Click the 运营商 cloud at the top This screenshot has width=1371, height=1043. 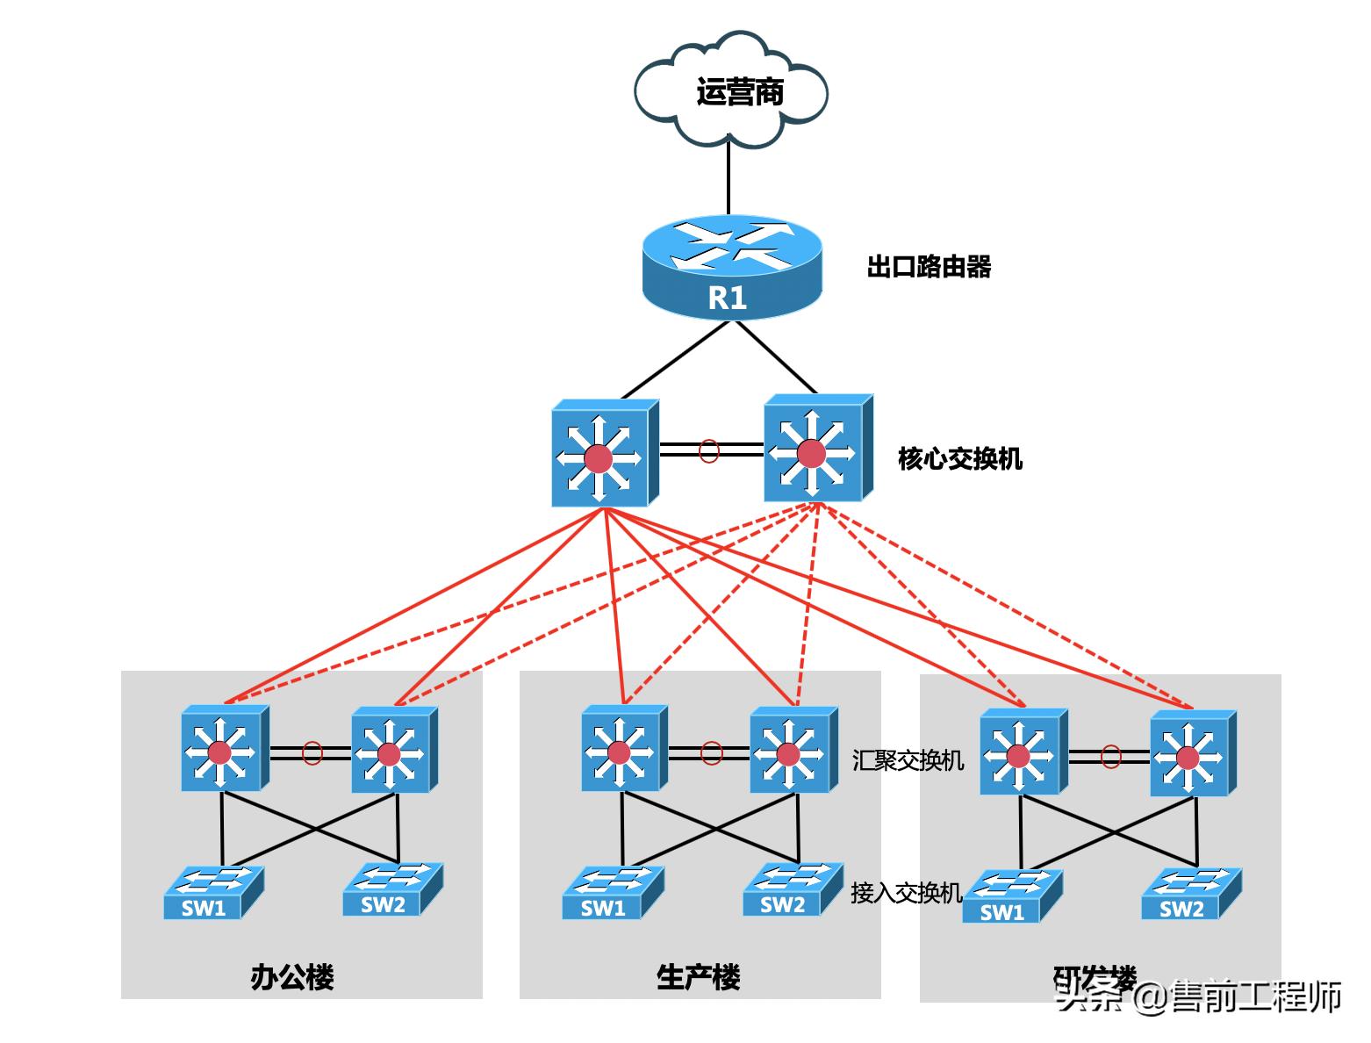731,90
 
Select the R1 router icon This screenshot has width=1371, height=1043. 731,266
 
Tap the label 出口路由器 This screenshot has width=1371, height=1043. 929,267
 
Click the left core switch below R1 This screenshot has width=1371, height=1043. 603,454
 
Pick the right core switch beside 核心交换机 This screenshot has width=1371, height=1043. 816,449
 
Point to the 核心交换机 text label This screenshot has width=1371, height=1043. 960,458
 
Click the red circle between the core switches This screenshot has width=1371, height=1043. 709,451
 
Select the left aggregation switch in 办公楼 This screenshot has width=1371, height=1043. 224,749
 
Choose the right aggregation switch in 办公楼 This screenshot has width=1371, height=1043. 393,750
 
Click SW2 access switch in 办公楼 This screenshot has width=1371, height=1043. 391,889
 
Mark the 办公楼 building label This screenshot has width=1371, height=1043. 292,977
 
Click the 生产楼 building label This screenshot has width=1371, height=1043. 699,977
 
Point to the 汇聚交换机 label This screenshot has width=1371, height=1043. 908,759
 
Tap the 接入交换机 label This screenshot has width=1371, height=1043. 906,893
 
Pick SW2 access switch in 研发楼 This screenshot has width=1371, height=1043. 1190,895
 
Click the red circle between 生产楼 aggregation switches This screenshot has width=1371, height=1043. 712,753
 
